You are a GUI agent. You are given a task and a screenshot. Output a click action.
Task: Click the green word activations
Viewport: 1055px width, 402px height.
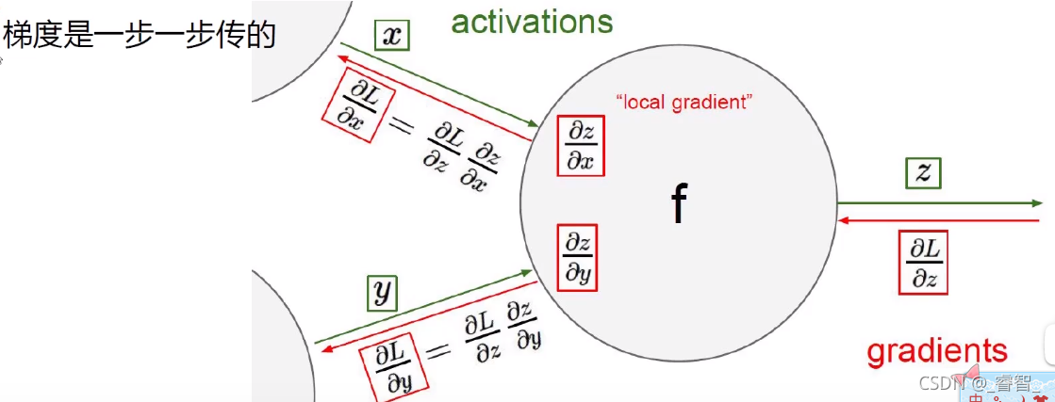click(533, 21)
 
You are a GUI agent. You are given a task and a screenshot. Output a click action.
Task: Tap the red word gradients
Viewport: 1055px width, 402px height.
click(937, 351)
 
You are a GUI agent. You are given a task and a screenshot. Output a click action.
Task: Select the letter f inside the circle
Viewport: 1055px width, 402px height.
click(678, 203)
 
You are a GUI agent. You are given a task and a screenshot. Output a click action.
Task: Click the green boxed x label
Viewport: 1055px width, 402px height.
click(392, 35)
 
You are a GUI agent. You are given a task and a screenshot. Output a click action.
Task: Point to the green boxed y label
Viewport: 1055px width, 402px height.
click(382, 294)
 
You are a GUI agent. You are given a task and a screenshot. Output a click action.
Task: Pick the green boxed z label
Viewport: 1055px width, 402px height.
click(924, 172)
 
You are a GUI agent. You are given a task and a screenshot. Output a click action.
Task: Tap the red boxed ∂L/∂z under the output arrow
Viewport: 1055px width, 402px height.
click(924, 262)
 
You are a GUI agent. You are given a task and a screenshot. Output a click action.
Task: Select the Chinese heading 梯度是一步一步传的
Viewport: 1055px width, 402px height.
click(140, 35)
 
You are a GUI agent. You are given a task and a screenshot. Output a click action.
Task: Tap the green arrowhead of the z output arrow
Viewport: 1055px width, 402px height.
click(1036, 203)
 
